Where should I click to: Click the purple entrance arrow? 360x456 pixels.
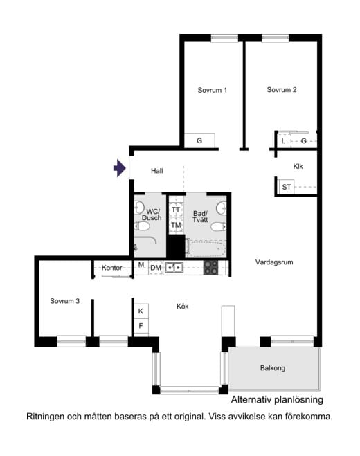tap(120, 168)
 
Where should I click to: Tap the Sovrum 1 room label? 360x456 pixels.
tap(212, 90)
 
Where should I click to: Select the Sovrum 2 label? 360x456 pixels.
tap(282, 90)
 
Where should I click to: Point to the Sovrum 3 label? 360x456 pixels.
tap(64, 301)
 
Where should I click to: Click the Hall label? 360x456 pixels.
tap(157, 171)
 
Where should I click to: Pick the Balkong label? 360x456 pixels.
tap(273, 368)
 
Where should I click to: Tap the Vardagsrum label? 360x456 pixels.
tap(274, 262)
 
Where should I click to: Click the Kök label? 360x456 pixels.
tap(183, 307)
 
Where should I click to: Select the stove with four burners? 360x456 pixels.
tap(210, 268)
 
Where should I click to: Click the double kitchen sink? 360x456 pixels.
tap(174, 268)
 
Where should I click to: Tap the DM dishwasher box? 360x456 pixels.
tap(156, 268)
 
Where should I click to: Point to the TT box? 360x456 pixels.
tap(176, 210)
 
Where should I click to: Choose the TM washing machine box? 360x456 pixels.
tap(176, 225)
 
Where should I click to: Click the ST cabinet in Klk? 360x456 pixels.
tap(287, 187)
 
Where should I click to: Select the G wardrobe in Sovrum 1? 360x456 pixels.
tap(199, 140)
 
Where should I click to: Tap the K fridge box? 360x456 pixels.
tap(141, 311)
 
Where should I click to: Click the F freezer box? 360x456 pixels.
tap(141, 326)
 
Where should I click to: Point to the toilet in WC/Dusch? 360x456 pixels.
tap(143, 226)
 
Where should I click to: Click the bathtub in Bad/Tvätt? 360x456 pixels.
tap(206, 248)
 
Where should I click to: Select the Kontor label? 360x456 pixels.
tap(111, 268)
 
